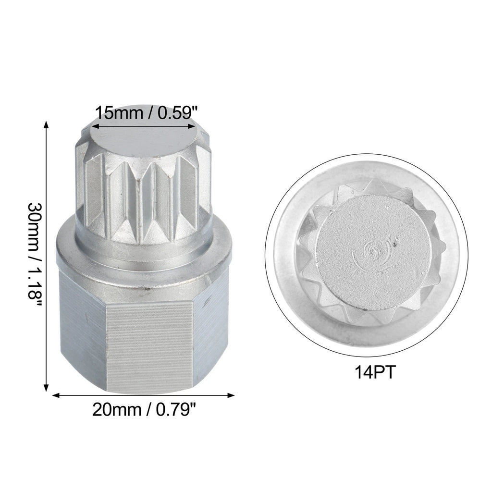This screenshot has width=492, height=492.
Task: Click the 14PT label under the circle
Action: (x=375, y=372)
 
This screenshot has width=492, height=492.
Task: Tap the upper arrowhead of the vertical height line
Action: (x=47, y=124)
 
